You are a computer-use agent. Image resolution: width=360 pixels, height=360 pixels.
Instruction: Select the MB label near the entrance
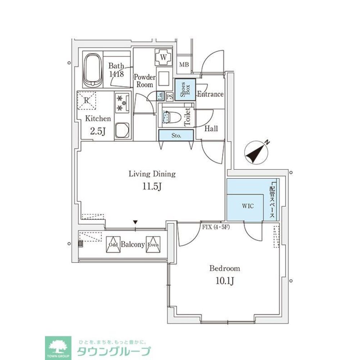184,65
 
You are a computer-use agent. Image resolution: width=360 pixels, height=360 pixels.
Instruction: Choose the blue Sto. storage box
176,136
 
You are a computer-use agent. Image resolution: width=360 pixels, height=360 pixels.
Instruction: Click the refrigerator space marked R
87,100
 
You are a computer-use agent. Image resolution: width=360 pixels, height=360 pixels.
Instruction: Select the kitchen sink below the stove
122,130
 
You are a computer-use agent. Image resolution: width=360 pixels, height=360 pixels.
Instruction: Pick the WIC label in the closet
248,206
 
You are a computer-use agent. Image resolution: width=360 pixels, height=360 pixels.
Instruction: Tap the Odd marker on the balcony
113,244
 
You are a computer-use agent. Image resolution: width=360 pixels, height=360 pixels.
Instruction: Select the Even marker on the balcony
153,244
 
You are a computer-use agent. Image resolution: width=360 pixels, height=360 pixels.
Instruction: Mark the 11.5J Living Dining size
152,187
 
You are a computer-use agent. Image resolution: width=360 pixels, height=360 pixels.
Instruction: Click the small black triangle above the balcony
135,222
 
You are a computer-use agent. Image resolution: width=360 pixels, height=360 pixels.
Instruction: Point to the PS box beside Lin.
170,96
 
